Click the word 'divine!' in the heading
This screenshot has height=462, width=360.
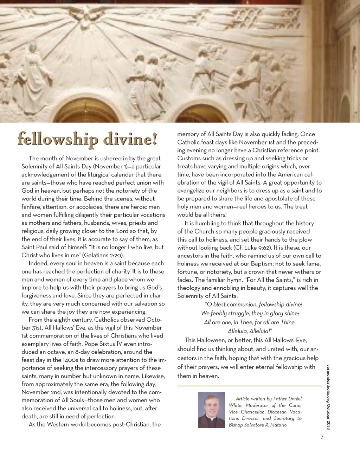click(x=130, y=139)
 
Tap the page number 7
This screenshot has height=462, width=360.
click(x=322, y=437)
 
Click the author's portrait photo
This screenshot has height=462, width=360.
click(x=211, y=410)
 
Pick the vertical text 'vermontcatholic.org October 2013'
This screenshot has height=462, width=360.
click(x=329, y=397)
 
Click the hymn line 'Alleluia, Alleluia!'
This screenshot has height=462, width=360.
click(x=250, y=331)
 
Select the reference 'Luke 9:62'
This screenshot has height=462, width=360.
click(x=257, y=248)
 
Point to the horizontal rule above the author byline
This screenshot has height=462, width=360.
click(x=250, y=386)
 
